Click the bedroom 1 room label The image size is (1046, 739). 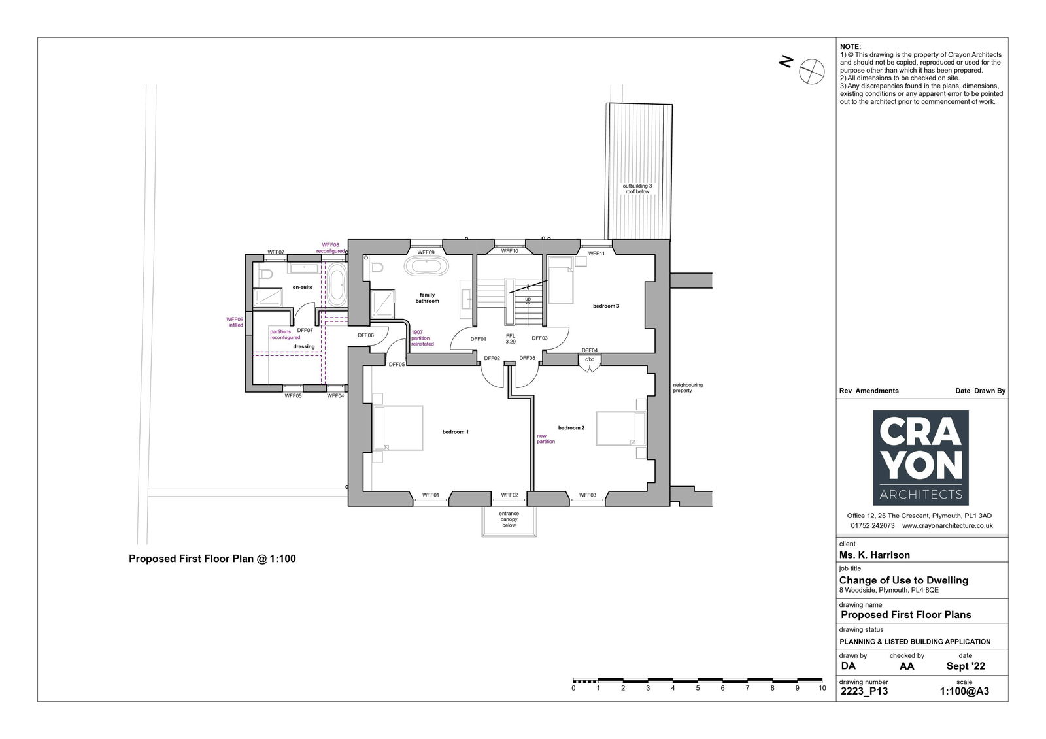point(455,432)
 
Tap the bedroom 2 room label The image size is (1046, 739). point(571,427)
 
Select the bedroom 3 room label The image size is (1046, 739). point(606,306)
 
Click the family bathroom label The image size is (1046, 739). point(428,298)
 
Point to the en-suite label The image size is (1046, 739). point(303,287)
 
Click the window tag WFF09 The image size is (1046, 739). point(426,253)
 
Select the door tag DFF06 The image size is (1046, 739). point(366,335)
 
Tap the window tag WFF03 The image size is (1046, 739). point(588,495)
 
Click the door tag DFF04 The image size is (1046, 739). point(590,350)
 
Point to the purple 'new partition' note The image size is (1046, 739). point(546,439)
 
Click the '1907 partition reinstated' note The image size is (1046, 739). point(422,338)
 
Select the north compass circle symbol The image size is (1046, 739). point(811,71)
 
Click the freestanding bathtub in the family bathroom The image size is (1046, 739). point(426,266)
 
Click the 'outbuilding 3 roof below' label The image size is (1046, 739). point(637,189)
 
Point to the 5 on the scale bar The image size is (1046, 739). point(698,688)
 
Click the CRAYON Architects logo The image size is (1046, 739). point(921,458)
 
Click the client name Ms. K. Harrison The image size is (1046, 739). point(875,555)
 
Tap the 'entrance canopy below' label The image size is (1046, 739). point(509,519)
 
